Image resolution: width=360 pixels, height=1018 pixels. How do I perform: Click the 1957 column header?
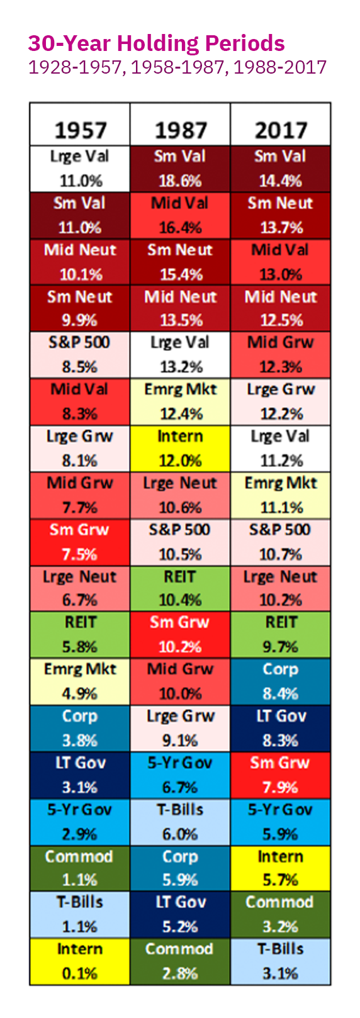coord(80,130)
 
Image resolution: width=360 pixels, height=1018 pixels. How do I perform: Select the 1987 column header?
coord(180,130)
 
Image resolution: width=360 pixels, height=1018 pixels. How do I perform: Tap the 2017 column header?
coord(281,130)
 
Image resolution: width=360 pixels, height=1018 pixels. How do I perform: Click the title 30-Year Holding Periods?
coord(156,43)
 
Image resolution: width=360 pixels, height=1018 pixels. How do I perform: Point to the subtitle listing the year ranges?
coord(177,67)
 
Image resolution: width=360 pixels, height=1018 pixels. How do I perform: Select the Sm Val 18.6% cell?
coord(180,169)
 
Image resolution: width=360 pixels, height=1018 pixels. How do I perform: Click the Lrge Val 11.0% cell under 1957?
coord(80,169)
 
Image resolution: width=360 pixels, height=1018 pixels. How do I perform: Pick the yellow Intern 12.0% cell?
coord(180,449)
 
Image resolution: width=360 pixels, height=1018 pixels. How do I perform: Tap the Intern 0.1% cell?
coord(80,961)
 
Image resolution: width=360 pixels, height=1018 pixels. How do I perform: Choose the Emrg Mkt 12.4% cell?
coord(180,402)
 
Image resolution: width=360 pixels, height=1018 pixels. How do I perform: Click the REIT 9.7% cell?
coord(281,635)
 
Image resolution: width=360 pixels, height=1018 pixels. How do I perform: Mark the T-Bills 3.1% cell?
coord(281,961)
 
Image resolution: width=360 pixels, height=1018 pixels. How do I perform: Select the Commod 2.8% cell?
coord(180,961)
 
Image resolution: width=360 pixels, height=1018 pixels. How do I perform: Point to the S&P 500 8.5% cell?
coord(80,355)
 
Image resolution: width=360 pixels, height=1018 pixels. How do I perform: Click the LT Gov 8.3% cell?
coord(281,729)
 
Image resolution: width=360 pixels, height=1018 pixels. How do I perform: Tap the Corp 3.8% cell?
coord(80,729)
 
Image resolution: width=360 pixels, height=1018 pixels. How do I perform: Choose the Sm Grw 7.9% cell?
coord(281,775)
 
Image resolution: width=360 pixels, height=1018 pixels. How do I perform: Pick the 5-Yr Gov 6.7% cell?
coord(180,775)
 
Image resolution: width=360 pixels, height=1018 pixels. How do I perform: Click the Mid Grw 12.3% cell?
coord(281,355)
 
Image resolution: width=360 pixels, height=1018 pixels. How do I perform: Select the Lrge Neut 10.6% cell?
coord(180,495)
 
